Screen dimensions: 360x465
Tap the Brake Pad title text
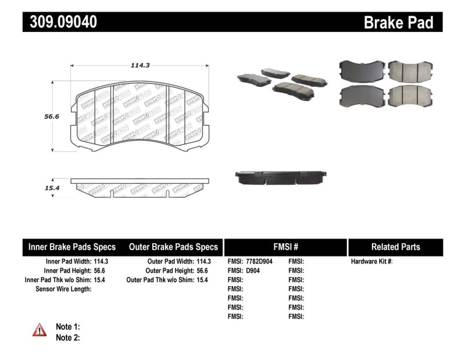[398, 23]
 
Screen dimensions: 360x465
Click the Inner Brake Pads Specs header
[72, 247]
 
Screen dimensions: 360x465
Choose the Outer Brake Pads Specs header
[174, 247]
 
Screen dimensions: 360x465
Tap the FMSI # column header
[285, 247]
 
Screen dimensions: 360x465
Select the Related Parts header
[395, 247]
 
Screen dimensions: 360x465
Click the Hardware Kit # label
[371, 262]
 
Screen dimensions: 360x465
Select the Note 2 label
[67, 337]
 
